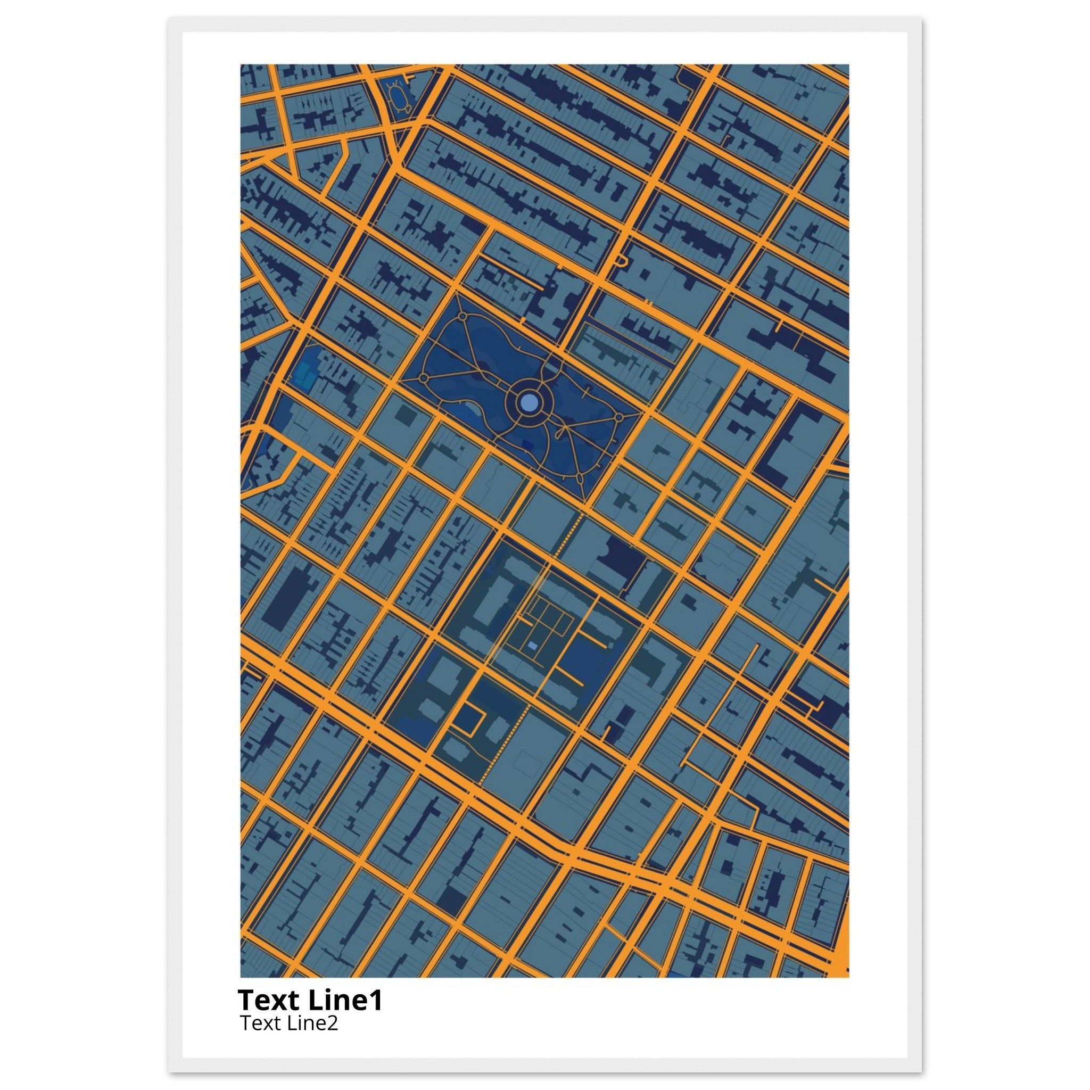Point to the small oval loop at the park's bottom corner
tap(580, 479)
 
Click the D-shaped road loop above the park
tap(621, 261)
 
